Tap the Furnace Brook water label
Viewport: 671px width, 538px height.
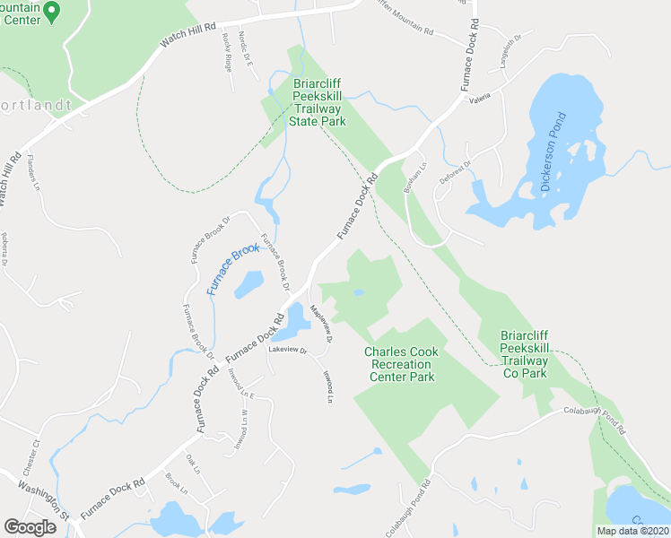233,270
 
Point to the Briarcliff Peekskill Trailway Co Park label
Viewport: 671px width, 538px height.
536,353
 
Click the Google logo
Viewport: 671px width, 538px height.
30,526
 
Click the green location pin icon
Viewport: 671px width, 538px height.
51,12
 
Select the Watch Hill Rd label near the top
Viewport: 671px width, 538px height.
188,35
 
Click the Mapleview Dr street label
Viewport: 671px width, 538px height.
321,325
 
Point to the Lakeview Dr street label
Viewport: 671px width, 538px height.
288,350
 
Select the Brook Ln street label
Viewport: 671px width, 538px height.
176,485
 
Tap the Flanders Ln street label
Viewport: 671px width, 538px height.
35,173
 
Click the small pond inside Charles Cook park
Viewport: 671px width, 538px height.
358,292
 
